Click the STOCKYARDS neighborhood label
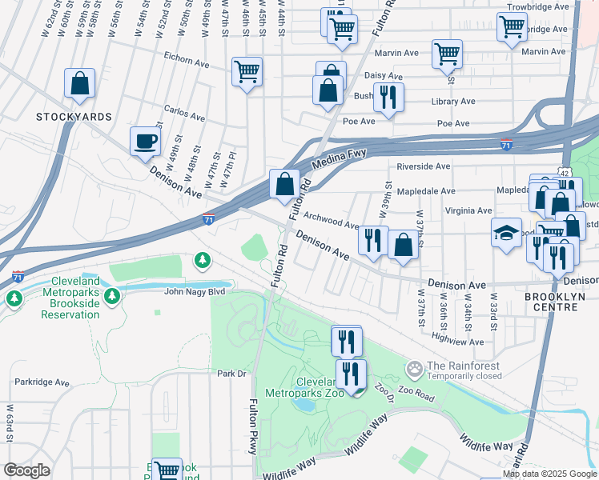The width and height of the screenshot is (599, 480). coord(74,117)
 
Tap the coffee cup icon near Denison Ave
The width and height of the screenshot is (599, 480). coord(146,142)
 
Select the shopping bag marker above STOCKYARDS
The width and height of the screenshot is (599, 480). coord(79,84)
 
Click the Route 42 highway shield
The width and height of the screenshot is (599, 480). coord(565,173)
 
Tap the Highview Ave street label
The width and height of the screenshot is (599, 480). coord(457,342)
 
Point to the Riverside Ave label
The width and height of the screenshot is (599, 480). coord(424,166)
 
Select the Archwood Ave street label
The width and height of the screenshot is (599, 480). coord(331,224)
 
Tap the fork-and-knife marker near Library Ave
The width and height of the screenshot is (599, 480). coord(388,98)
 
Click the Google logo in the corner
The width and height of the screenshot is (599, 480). coord(26,470)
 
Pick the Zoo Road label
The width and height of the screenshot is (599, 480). coord(414,397)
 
